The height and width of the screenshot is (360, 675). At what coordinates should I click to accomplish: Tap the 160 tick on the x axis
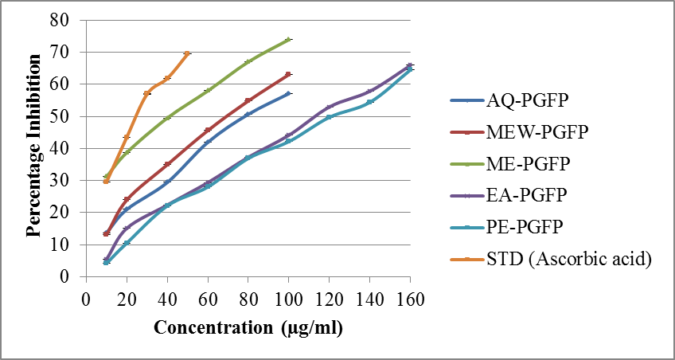pos(410,299)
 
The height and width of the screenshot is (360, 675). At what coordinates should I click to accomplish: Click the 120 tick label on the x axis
pos(329,299)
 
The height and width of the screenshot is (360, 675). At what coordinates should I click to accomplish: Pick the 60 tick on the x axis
pos(208,299)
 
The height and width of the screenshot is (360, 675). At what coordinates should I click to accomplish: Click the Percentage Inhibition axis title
pos(33,147)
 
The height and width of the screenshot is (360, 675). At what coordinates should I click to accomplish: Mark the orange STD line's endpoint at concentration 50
pos(187,53)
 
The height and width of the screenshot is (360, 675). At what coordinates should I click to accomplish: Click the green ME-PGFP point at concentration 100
pos(288,39)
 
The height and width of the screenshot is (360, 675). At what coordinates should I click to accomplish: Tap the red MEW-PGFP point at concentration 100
pos(288,74)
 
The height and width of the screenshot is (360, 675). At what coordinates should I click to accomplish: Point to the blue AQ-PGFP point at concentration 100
pos(288,93)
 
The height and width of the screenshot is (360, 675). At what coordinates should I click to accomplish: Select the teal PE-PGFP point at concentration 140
pos(369,102)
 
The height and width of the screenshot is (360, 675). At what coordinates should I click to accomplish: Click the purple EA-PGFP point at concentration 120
pos(329,107)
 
